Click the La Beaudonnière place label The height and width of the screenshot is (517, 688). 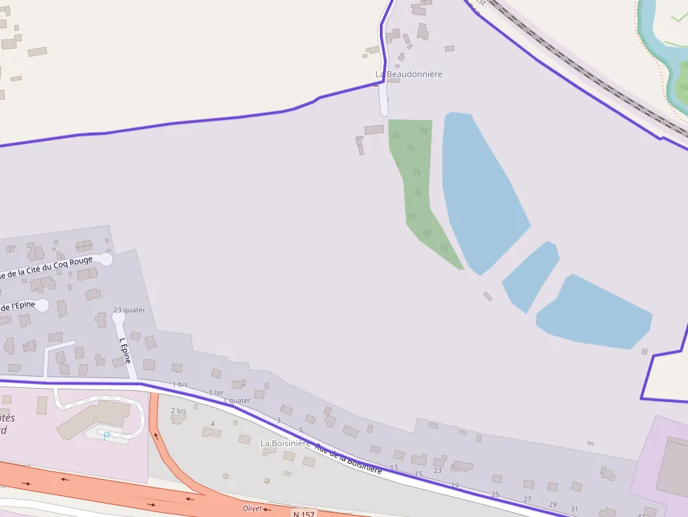409,74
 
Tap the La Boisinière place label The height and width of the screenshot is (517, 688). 285,443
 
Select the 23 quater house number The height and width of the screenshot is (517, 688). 129,310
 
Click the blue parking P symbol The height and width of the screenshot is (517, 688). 107,436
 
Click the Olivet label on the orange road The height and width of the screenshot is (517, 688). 251,509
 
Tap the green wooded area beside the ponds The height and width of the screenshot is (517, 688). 418,182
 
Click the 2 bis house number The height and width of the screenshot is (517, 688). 178,410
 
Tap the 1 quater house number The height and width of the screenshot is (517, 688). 237,401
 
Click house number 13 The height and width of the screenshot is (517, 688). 394,467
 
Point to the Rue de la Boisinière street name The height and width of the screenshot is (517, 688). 348,459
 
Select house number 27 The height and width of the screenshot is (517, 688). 527,499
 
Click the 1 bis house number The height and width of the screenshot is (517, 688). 180,384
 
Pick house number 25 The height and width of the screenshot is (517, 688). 495,495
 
